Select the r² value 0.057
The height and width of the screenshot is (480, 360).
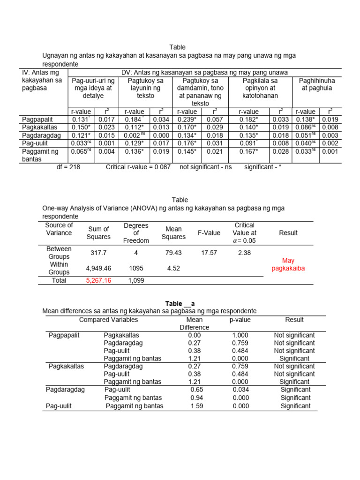(214, 120)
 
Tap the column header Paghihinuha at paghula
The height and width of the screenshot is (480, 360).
(317, 84)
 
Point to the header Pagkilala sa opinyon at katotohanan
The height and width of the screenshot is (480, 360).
(260, 88)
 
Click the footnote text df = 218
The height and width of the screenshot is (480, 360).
(68, 167)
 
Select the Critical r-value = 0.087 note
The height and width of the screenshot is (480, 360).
(138, 167)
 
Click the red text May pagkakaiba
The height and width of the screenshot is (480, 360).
(288, 264)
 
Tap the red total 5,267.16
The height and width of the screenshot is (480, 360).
(98, 280)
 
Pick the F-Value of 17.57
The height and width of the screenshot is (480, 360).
(209, 253)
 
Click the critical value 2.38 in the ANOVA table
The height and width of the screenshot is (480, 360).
(244, 253)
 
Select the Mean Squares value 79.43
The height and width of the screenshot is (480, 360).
(173, 253)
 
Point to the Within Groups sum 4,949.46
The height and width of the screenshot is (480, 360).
(98, 268)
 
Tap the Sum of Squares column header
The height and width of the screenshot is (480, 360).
(98, 232)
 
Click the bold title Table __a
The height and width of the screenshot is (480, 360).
(180, 303)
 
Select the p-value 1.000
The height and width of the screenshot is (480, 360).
(240, 335)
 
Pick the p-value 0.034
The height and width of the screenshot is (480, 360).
(240, 390)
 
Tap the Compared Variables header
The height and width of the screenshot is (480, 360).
(109, 320)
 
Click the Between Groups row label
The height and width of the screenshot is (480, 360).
(59, 253)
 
